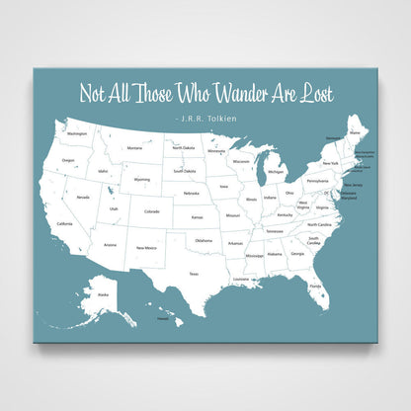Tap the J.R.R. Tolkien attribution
[205, 117]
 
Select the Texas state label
[194, 273]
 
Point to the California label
[65, 224]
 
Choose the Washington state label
[77, 132]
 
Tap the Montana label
[135, 148]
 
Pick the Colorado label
[151, 210]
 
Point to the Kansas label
[198, 216]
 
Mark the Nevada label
[83, 197]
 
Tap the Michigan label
[276, 171]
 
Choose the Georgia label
[297, 254]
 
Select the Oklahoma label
[204, 240]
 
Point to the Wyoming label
[142, 180]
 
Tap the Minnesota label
[216, 151]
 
